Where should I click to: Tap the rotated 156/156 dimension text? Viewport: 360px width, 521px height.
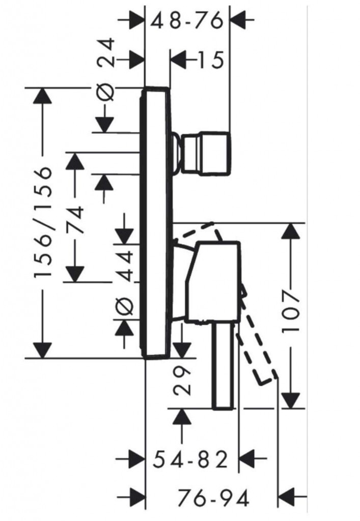43,222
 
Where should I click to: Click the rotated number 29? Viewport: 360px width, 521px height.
182,381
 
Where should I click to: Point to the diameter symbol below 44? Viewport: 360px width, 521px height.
125,307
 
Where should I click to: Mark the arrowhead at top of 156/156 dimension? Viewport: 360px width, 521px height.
43,96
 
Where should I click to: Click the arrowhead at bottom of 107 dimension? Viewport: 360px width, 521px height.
291,399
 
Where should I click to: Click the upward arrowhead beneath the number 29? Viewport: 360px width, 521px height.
182,418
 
